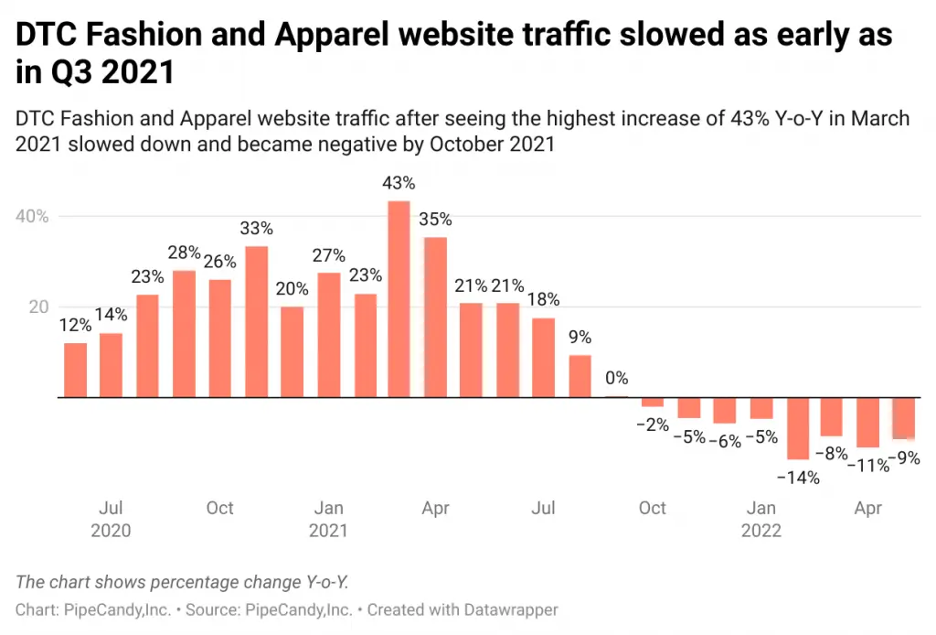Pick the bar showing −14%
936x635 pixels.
tap(798, 428)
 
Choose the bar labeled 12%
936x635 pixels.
tap(76, 371)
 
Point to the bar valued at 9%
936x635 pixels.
tap(580, 376)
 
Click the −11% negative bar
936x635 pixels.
tap(868, 423)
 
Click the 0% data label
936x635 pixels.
tap(616, 378)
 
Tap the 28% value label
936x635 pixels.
tap(184, 252)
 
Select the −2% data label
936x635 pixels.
tap(652, 425)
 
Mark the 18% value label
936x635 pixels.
tap(543, 299)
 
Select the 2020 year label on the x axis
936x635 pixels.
tap(111, 531)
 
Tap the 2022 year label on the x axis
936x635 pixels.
tap(761, 531)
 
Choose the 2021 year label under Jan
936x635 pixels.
tap(328, 531)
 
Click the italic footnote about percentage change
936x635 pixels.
tap(183, 582)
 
